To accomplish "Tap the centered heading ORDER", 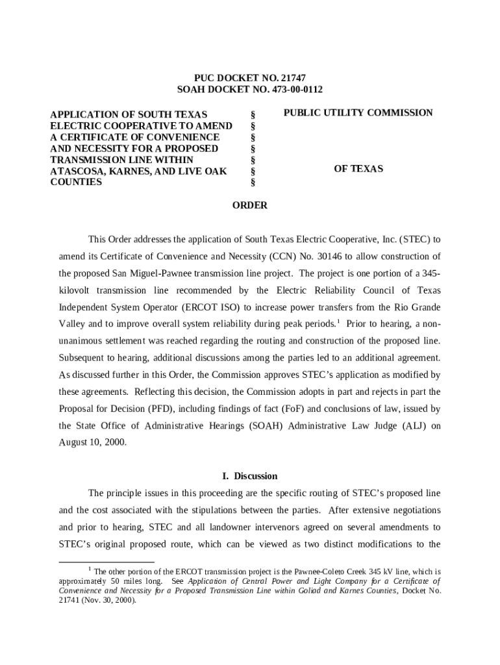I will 250,206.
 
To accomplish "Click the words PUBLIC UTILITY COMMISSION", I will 358,113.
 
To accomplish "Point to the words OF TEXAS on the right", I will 358,169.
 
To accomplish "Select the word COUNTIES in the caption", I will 76,182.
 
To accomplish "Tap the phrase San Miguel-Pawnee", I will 170,272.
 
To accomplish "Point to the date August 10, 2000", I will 93,442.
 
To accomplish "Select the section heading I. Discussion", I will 250,476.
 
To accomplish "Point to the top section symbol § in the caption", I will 252,114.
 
